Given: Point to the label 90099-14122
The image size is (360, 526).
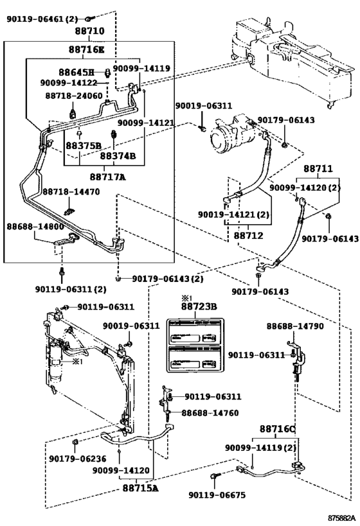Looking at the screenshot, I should [x=68, y=83].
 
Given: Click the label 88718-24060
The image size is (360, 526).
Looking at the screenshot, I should [x=73, y=95].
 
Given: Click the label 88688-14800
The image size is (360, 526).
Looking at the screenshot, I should [x=35, y=227].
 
